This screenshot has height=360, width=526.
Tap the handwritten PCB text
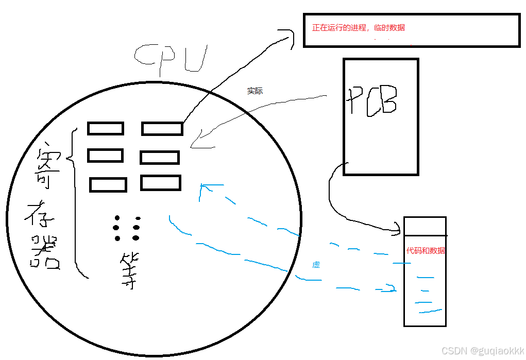click(x=372, y=101)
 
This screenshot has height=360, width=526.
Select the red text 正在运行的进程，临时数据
click(x=359, y=28)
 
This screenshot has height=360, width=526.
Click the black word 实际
click(x=255, y=91)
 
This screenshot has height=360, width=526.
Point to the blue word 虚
click(x=316, y=265)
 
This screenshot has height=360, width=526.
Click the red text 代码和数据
click(x=426, y=251)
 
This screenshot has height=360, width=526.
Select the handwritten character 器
click(x=45, y=253)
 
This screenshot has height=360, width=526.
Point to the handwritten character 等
click(x=127, y=270)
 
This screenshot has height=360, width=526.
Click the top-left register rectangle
click(x=106, y=128)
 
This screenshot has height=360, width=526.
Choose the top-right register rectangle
click(x=162, y=128)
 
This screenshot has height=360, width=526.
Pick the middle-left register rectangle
click(x=105, y=155)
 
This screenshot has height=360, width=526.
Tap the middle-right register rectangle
click(x=160, y=157)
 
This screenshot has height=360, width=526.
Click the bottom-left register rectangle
click(x=108, y=184)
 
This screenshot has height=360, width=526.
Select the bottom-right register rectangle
click(x=161, y=183)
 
